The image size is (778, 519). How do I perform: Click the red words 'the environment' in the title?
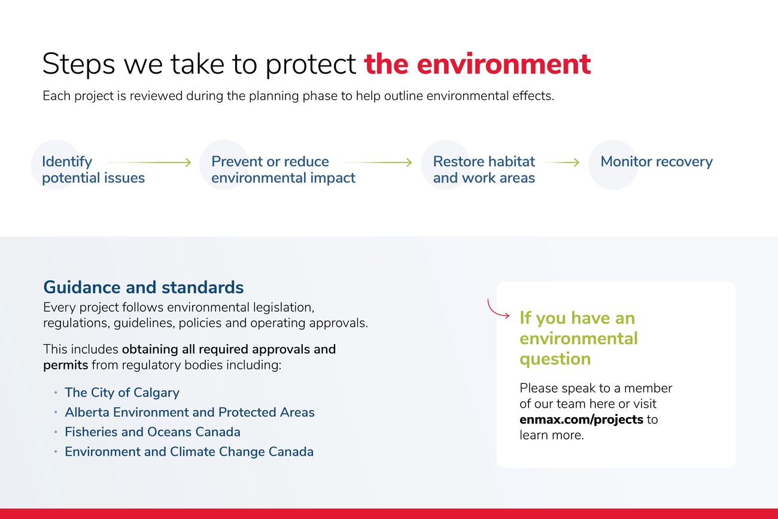[x=477, y=64]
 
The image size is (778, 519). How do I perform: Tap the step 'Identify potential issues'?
[x=93, y=169]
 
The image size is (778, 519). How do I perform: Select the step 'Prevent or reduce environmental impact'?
[x=283, y=169]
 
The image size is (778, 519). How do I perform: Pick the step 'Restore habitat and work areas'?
[x=484, y=169]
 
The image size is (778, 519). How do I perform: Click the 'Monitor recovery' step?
[x=657, y=162]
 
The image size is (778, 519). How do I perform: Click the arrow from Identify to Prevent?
[x=150, y=162]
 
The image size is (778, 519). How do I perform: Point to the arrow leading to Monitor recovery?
[x=562, y=162]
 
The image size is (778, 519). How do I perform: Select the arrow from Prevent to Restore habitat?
[x=378, y=162]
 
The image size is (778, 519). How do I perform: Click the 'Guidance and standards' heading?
[x=144, y=287]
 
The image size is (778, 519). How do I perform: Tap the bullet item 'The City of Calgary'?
[x=122, y=393]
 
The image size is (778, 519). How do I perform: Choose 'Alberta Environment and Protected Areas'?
[x=190, y=412]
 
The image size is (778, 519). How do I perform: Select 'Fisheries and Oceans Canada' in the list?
[x=153, y=432]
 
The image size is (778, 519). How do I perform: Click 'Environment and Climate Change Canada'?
[x=189, y=451]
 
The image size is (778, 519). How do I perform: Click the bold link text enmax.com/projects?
[x=582, y=420]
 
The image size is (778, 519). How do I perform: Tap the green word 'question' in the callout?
[x=555, y=359]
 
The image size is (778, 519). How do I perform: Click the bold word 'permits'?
[x=65, y=365]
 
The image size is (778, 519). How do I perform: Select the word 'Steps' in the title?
[x=78, y=65]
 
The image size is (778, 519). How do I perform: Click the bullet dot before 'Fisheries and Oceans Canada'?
[x=56, y=432]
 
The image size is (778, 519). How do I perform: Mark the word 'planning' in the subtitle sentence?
[x=273, y=96]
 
